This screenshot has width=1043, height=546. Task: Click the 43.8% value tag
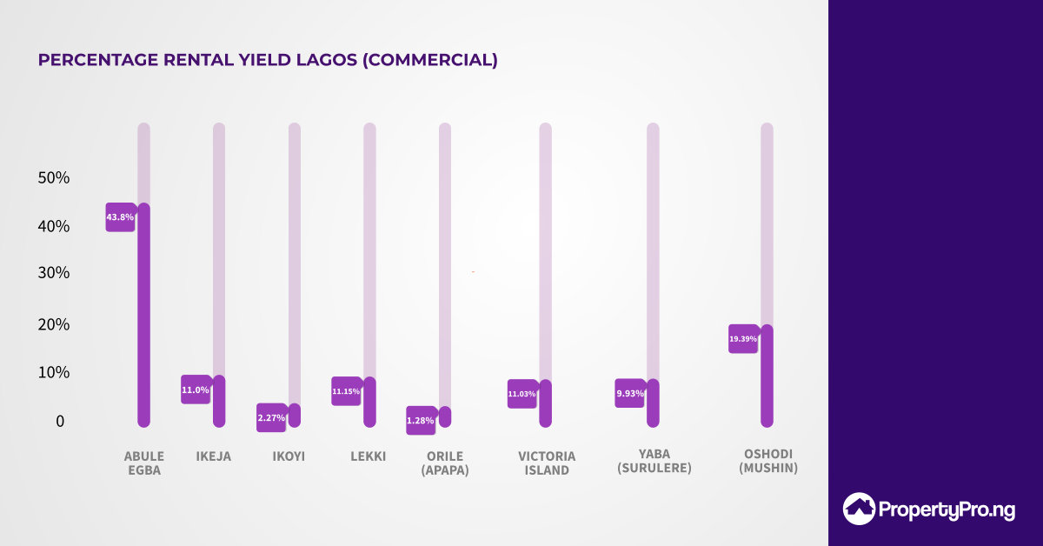(x=120, y=217)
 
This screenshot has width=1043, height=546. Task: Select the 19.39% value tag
(x=743, y=339)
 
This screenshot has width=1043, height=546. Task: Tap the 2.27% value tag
(x=271, y=418)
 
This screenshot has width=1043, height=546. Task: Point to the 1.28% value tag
(x=421, y=421)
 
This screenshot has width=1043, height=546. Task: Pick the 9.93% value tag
(x=629, y=394)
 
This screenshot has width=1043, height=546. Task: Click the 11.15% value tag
(x=346, y=391)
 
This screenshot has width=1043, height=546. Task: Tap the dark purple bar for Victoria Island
(x=545, y=403)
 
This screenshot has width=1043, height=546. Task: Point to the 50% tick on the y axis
(x=54, y=178)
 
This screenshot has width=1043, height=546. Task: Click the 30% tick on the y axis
(x=54, y=273)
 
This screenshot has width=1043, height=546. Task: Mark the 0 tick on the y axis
(x=60, y=422)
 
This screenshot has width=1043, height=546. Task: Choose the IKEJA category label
(x=214, y=456)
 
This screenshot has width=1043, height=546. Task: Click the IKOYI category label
(x=289, y=456)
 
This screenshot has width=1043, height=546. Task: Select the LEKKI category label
(x=368, y=456)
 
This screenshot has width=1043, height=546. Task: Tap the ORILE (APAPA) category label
(x=445, y=463)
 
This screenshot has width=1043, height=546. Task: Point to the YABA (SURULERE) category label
(x=654, y=462)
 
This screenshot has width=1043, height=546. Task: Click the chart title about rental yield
(x=268, y=60)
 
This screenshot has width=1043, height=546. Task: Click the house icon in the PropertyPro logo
(x=860, y=509)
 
